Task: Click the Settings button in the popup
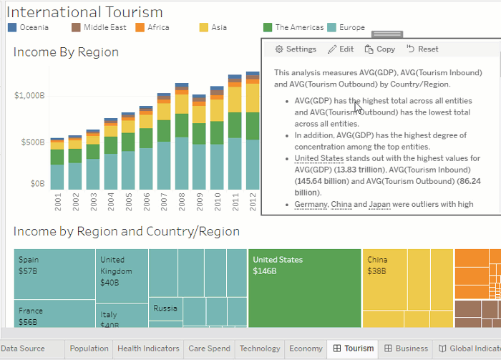coord(296,49)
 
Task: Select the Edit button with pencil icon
coord(341,49)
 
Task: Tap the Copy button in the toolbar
coord(379,49)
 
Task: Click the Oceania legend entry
coord(28,28)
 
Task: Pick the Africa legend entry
coord(152,28)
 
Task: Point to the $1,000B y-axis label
coord(29,96)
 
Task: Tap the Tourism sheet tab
coord(353,349)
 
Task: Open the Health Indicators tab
coord(148,349)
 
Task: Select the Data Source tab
coord(23,349)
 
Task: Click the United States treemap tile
coord(304,286)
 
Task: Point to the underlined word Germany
coord(310,205)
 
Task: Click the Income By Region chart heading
coord(66,52)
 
